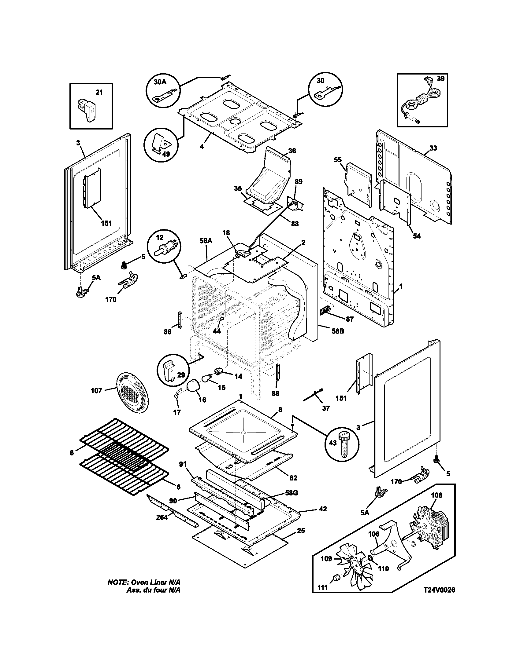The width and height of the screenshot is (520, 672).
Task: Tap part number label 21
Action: pyautogui.click(x=99, y=92)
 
